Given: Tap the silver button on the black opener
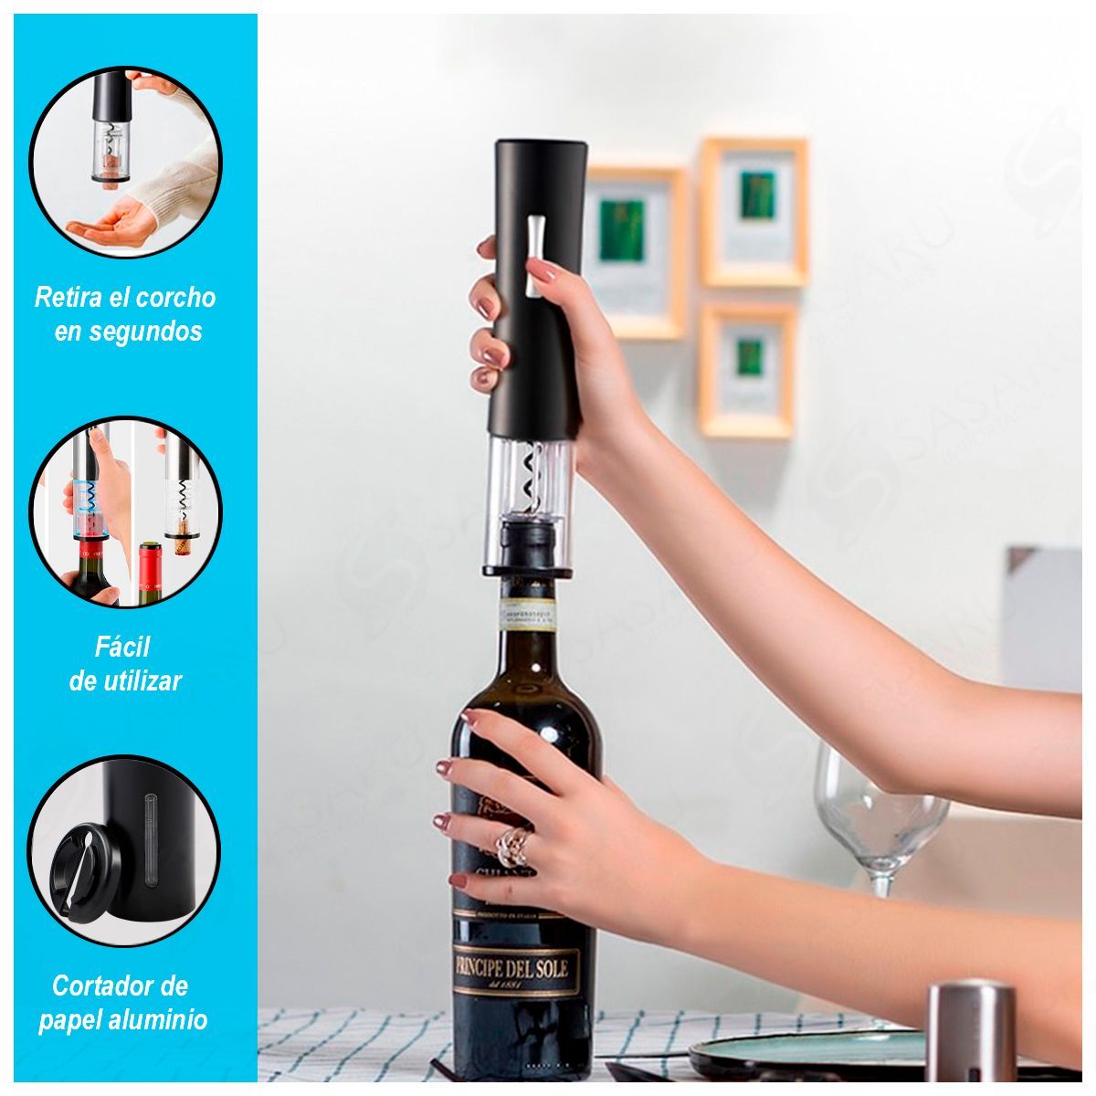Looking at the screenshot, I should [534, 256].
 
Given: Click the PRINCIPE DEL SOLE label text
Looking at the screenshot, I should [516, 966].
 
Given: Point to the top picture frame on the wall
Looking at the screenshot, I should [754, 212].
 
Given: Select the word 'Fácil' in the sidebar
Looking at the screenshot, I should [122, 648].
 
